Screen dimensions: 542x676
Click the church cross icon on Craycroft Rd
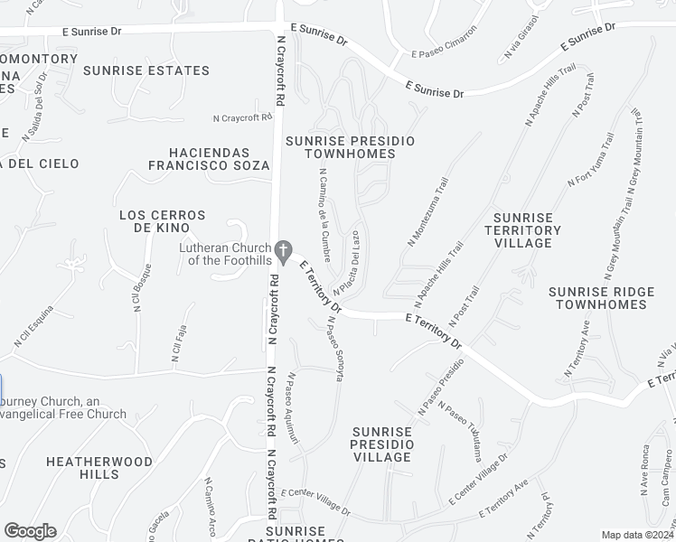(284, 248)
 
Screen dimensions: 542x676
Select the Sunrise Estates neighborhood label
(146, 70)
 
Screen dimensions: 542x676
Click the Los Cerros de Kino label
(163, 221)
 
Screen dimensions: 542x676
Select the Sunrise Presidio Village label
(383, 444)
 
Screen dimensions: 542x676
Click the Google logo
(30, 531)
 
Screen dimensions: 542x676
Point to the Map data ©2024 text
(636, 535)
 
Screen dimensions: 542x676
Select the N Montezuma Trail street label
(428, 211)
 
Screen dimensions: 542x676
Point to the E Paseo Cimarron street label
(443, 54)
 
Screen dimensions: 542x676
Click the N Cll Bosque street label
(140, 290)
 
